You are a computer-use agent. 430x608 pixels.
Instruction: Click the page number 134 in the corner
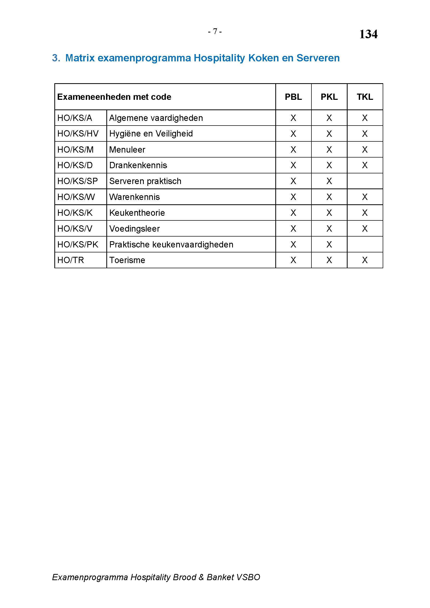click(368, 34)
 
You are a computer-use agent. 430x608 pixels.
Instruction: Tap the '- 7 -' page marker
click(215, 31)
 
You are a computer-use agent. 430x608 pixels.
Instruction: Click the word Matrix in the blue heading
click(80, 58)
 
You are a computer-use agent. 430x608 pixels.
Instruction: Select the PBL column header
click(293, 97)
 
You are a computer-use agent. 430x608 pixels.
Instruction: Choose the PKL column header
click(329, 97)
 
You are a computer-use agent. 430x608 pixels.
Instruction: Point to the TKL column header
click(364, 97)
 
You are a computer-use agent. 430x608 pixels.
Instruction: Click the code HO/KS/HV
click(78, 133)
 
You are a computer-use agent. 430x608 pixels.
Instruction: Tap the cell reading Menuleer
click(127, 150)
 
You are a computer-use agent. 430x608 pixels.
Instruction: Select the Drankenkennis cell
click(138, 165)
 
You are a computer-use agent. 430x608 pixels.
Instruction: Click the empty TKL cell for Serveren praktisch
click(364, 181)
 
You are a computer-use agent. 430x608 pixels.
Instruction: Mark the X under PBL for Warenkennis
click(293, 197)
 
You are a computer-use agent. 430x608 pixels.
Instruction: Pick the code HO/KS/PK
click(77, 244)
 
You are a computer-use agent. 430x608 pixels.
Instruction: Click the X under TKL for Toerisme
click(364, 260)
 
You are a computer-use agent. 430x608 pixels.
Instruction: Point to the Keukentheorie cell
click(137, 213)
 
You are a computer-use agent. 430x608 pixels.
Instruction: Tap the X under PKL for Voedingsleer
click(329, 228)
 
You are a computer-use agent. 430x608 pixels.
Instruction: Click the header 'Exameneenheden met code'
click(114, 97)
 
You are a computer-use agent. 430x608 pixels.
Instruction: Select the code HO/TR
click(70, 260)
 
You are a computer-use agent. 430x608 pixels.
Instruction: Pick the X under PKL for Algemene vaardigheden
click(329, 118)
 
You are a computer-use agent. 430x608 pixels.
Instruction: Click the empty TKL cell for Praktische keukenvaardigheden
click(364, 244)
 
